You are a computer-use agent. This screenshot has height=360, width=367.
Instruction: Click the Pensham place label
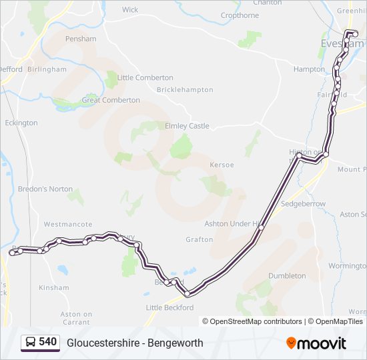pos(81,39)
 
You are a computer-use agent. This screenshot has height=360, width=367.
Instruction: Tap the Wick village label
pos(130,10)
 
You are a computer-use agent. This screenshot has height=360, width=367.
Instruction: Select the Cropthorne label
pos(240,15)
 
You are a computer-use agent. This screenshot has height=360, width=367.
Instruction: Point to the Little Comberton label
pos(145,78)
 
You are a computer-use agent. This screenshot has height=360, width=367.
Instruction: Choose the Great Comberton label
pos(111,101)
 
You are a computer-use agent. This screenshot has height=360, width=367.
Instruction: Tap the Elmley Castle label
pos(187,126)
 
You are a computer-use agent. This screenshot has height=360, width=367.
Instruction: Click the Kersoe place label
pos(222,165)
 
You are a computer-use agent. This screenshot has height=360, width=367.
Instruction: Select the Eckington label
pos(21,123)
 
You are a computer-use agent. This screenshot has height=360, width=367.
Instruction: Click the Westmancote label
pos(63,225)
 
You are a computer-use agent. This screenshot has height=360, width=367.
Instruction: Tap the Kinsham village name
pos(54,288)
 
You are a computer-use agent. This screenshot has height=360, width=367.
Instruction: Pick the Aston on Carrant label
pos(76,318)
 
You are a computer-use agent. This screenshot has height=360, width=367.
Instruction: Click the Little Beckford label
pos(169,308)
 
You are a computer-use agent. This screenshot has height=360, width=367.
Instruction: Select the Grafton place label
pos(200,240)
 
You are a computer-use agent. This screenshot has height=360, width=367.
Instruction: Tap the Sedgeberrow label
pos(304,204)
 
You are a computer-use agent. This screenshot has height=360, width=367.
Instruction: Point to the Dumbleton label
pos(287,276)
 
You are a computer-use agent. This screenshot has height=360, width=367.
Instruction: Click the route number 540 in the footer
pos(47,342)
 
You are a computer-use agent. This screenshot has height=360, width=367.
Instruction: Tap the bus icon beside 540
pos(31,343)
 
